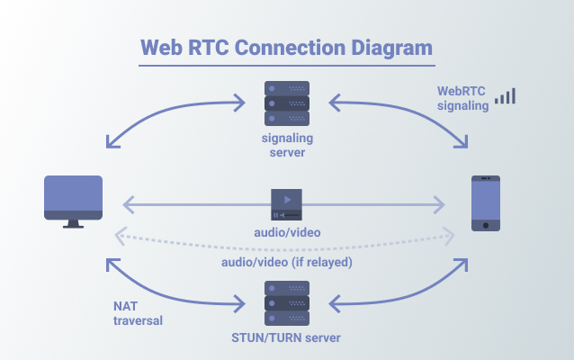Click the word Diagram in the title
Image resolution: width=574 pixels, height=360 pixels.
click(391, 49)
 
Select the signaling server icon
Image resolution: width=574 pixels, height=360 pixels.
click(287, 103)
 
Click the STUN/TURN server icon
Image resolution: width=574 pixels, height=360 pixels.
click(287, 303)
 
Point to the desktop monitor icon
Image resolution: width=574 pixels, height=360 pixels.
click(73, 202)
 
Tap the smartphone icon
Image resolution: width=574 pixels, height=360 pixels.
click(486, 203)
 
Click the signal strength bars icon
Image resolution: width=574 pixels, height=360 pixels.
click(506, 96)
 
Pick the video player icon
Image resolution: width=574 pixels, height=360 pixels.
click(287, 204)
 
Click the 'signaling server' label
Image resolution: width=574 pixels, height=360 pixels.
click(287, 145)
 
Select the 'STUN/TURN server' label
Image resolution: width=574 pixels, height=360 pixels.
click(286, 337)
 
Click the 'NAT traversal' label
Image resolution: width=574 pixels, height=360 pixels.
click(138, 313)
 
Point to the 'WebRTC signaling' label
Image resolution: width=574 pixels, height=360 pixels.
click(462, 98)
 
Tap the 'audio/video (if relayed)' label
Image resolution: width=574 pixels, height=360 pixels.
click(287, 262)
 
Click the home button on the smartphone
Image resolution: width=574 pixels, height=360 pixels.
click(486, 225)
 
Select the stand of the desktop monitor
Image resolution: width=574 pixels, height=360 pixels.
click(73, 224)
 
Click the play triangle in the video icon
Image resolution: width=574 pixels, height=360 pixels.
click(287, 200)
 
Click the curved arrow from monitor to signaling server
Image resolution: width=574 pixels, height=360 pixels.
click(166, 112)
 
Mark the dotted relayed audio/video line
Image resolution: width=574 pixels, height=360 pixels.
click(285, 249)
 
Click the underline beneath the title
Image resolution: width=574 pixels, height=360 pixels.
click(287, 66)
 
